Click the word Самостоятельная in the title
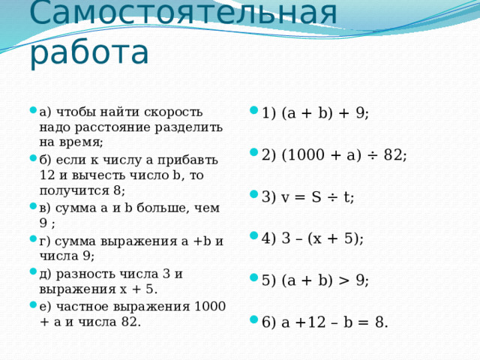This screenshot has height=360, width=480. coord(183,13)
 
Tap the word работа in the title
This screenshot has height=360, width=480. coord(89,52)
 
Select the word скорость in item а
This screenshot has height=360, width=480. coord(173,112)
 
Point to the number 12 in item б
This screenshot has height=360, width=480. coord(47,175)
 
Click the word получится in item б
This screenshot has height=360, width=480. coord(74,190)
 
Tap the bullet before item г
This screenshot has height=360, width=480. coord(33,238)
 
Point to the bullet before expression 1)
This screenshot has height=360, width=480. coord(254,110)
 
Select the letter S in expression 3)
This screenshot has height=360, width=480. coord(316,196)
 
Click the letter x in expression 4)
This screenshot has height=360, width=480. coord(317,238)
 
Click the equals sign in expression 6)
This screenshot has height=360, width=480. coord(364,322)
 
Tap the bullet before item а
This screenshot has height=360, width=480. coord(33,109)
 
